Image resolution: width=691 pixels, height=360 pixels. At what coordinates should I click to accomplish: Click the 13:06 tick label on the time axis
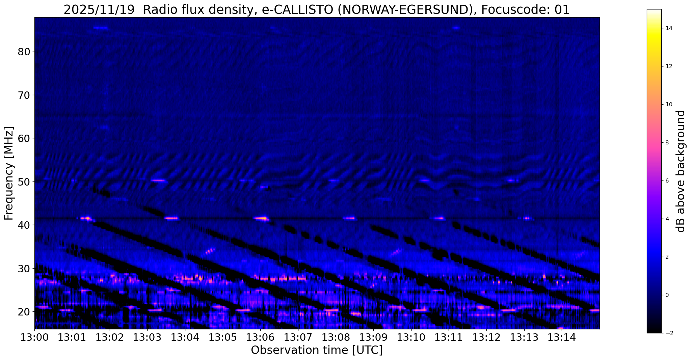[260, 337]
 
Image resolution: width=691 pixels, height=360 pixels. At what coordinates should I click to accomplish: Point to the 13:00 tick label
[34, 337]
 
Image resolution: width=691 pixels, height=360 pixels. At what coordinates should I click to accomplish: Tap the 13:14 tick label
[561, 337]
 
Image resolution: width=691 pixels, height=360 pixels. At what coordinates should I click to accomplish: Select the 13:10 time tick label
[410, 337]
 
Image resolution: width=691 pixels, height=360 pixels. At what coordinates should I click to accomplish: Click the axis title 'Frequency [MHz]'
[9, 173]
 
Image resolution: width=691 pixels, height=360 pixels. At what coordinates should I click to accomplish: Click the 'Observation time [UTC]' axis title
[317, 350]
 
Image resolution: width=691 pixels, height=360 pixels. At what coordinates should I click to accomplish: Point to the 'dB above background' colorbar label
[681, 171]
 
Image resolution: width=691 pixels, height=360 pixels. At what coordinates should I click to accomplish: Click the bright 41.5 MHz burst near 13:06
[261, 218]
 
